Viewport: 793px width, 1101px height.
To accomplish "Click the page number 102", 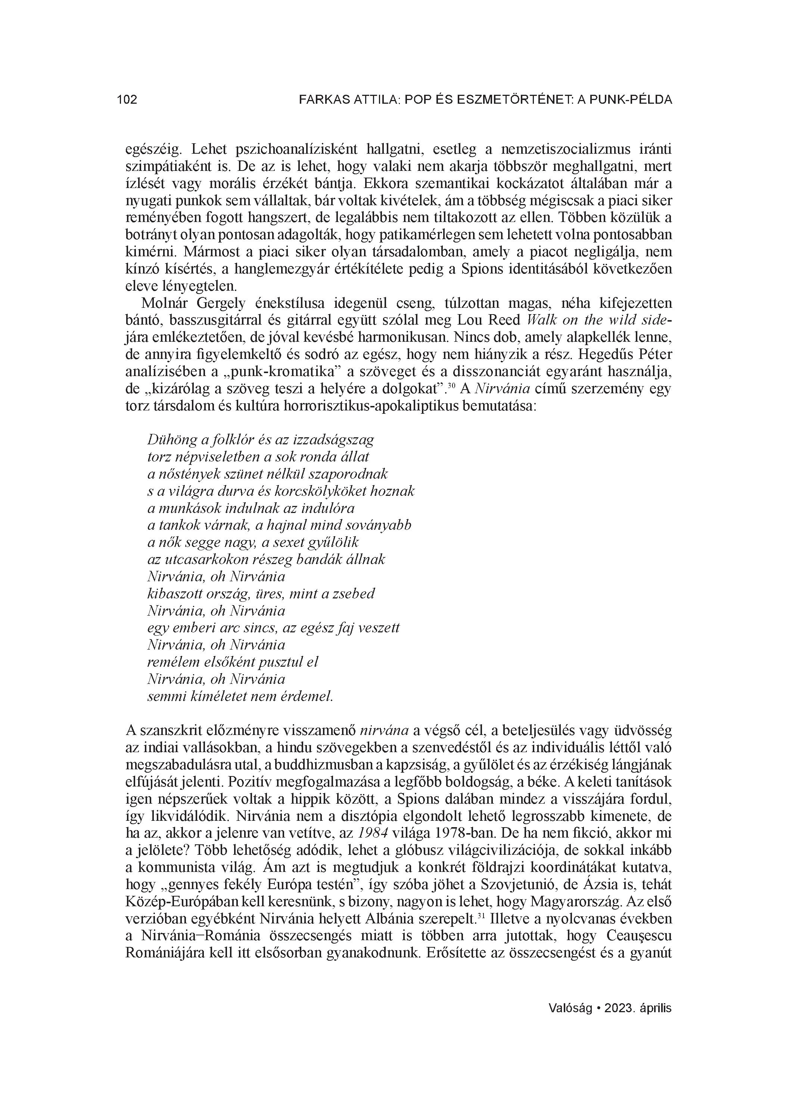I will click(127, 100).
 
